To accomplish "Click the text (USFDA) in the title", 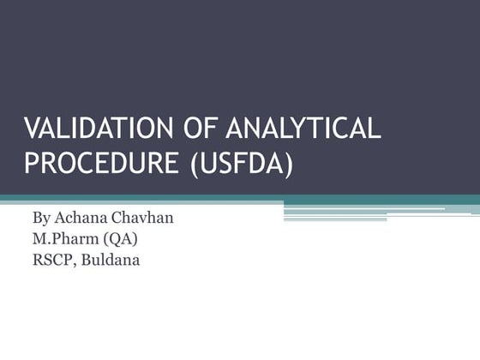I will [x=243, y=163].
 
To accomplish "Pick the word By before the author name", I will [x=42, y=218].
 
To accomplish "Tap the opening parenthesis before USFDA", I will [x=195, y=163].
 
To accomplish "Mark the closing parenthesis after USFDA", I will [x=290, y=163].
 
